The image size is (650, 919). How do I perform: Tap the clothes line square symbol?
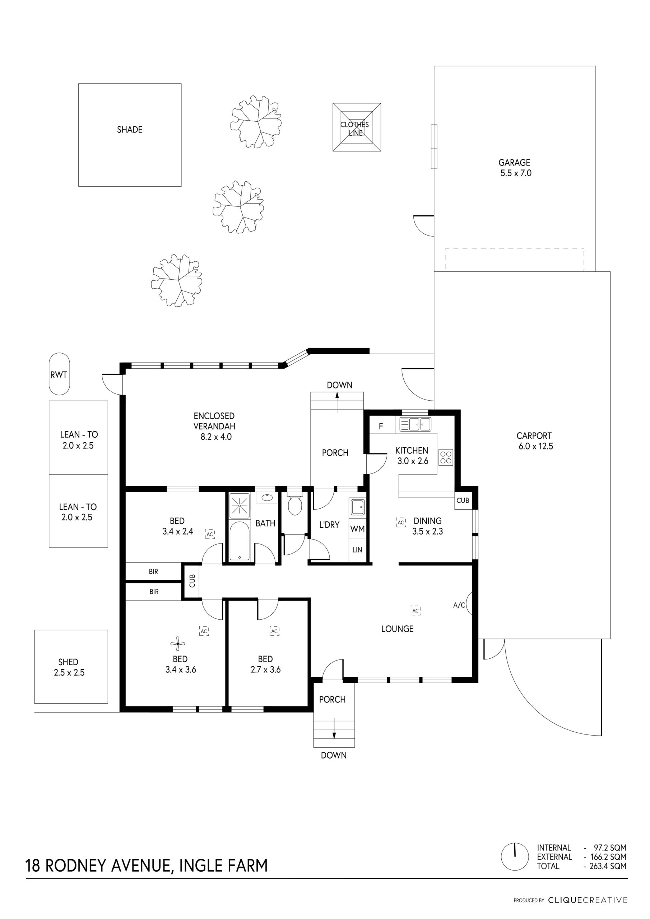tap(357, 127)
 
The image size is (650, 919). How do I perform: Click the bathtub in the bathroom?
tap(240, 541)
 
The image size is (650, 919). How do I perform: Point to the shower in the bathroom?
tap(240, 505)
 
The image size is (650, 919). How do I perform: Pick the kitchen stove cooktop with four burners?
tap(446, 457)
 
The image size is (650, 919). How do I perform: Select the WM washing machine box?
tap(357, 529)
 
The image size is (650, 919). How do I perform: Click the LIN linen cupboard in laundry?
tap(357, 550)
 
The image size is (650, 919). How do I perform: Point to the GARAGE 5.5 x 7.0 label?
tap(515, 168)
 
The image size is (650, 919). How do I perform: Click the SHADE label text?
tap(130, 130)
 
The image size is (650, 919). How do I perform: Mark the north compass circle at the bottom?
tap(515, 857)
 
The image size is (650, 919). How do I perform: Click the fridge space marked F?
tap(381, 426)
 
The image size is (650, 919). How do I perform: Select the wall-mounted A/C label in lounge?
tap(459, 605)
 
